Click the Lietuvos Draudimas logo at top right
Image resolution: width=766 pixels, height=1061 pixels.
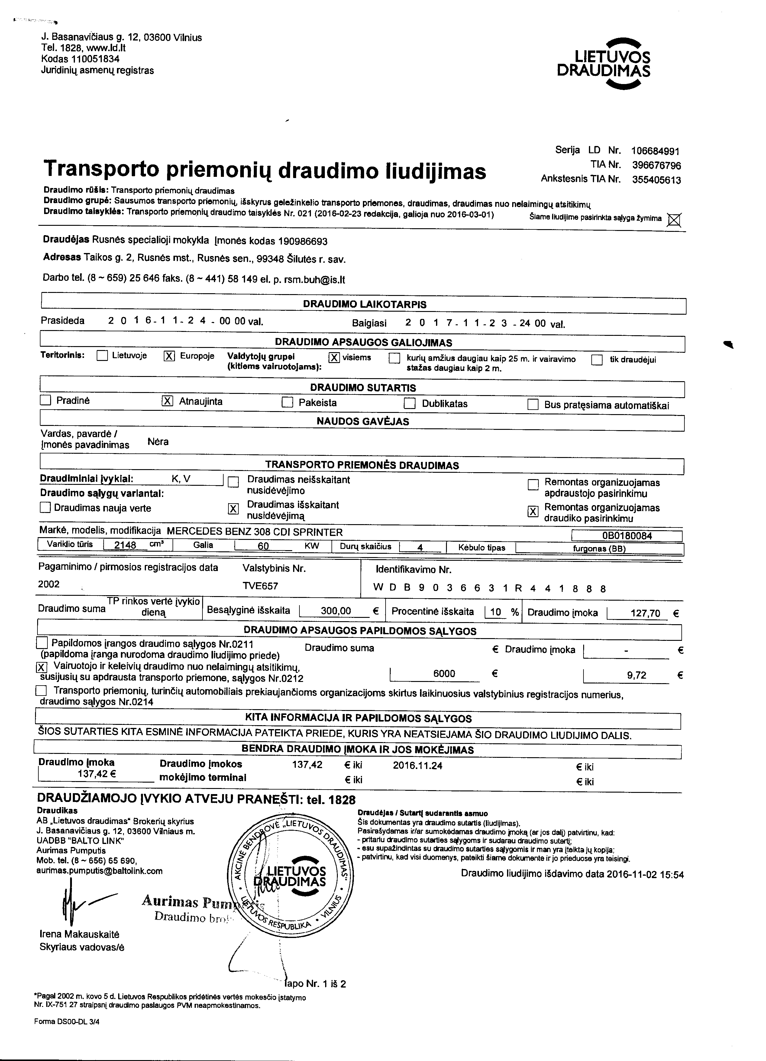tap(603, 63)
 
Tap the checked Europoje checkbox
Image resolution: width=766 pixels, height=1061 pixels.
tap(169, 356)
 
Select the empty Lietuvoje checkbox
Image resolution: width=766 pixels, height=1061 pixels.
tap(102, 356)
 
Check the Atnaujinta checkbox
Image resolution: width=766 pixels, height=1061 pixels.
tap(167, 401)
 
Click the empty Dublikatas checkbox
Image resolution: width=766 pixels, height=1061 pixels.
tap(410, 403)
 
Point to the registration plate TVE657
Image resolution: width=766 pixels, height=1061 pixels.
tap(260, 586)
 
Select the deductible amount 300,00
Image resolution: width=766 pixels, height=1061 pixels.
tap(336, 611)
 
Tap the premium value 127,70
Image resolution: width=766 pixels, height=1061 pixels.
tap(645, 613)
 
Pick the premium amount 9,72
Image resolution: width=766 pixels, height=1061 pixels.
tap(636, 675)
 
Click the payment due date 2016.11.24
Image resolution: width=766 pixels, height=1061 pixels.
tap(418, 765)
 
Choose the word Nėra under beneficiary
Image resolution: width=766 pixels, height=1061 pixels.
tap(158, 442)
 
